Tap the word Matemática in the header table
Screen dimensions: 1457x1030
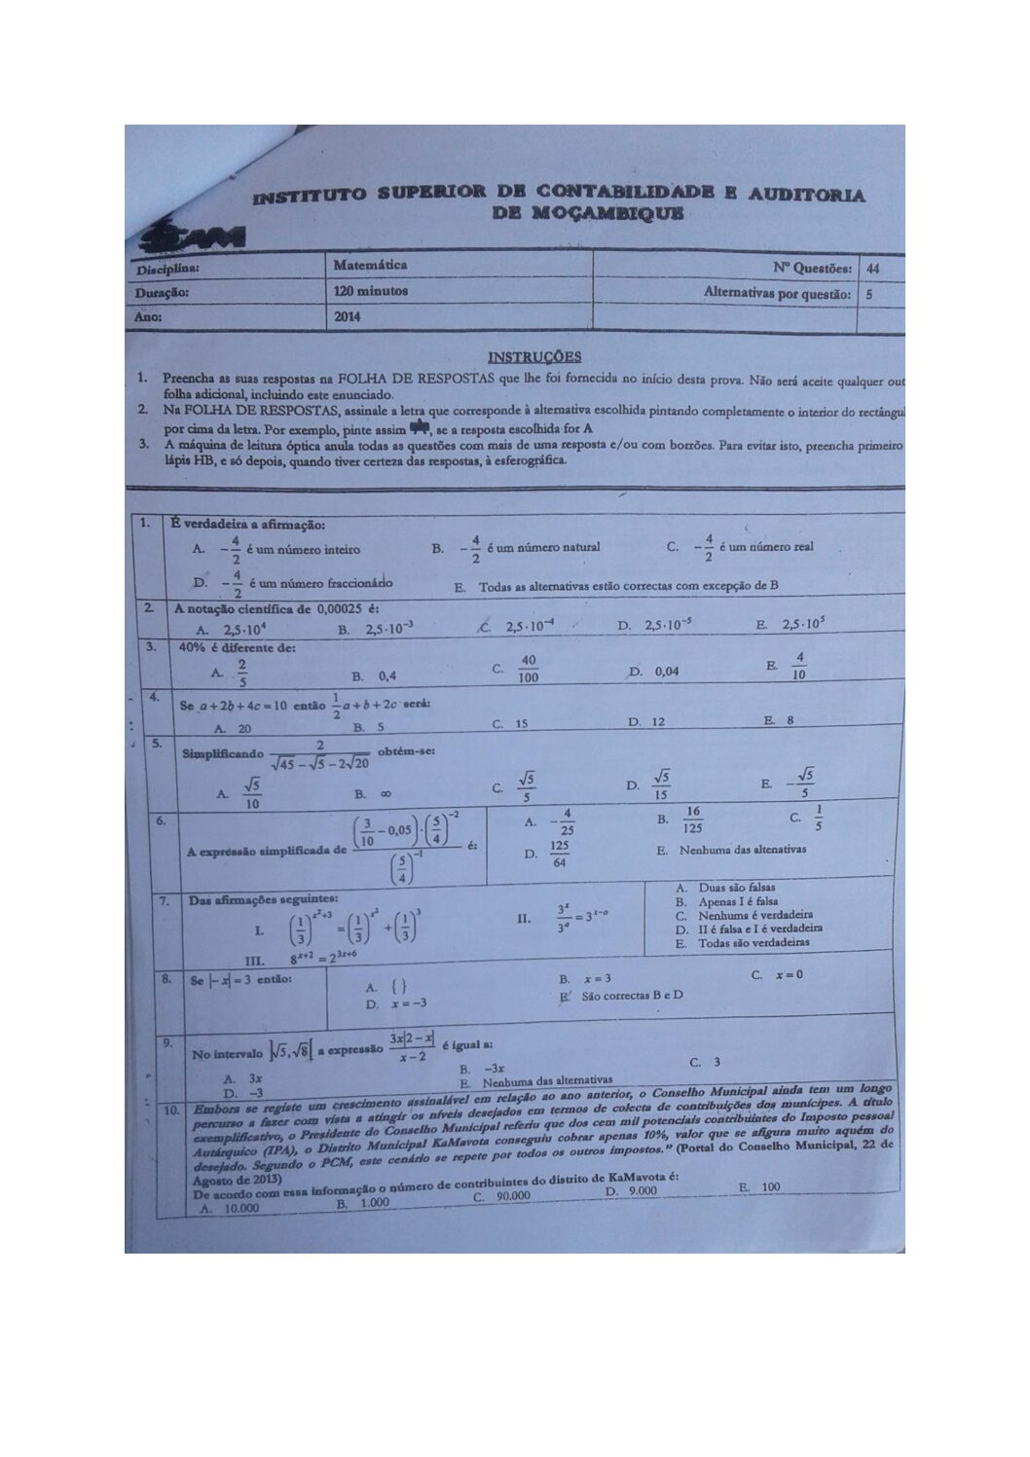coord(370,265)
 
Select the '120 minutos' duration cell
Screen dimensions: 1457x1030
coord(370,291)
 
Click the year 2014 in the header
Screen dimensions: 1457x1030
coord(348,316)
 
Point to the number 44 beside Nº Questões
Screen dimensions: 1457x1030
coord(871,269)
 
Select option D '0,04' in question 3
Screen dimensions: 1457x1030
coord(656,672)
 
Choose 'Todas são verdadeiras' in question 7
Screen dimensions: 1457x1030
coord(746,943)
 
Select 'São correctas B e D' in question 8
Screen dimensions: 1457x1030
coord(623,996)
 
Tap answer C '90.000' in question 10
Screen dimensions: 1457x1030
coord(503,1197)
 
